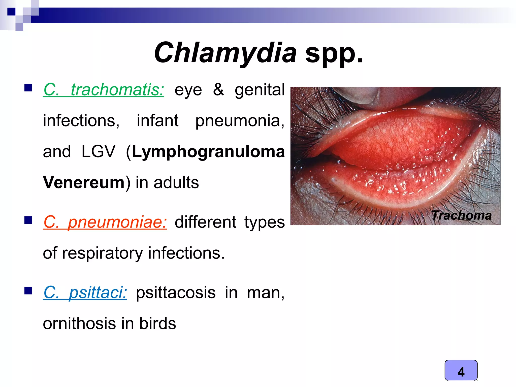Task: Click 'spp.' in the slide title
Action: point(334,53)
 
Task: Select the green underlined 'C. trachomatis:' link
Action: point(104,90)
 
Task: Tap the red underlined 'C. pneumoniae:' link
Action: point(105,222)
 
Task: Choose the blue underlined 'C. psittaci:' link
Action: point(85,293)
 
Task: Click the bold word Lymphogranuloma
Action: point(208,152)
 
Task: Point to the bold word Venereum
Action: point(84,182)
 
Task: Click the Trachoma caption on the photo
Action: point(462,216)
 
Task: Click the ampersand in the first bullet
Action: point(218,90)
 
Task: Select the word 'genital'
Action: point(260,90)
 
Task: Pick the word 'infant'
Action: point(158,121)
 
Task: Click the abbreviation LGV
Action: point(98,152)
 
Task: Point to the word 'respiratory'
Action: point(102,253)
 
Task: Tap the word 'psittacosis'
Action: point(176,293)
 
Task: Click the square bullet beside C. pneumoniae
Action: point(28,220)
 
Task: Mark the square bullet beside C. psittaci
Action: point(28,291)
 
